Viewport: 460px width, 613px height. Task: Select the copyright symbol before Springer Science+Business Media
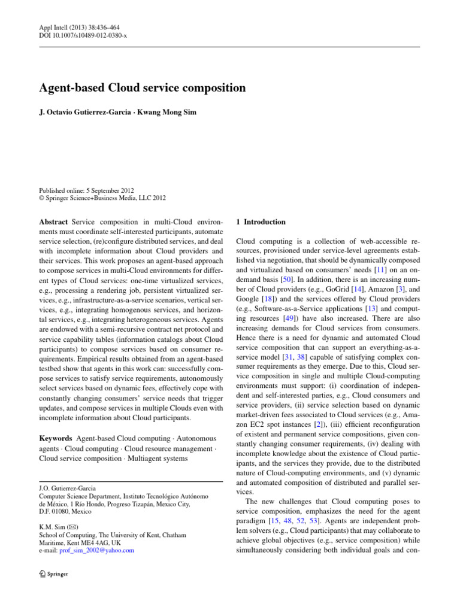click(41, 198)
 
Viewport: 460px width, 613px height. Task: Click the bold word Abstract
click(53, 222)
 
